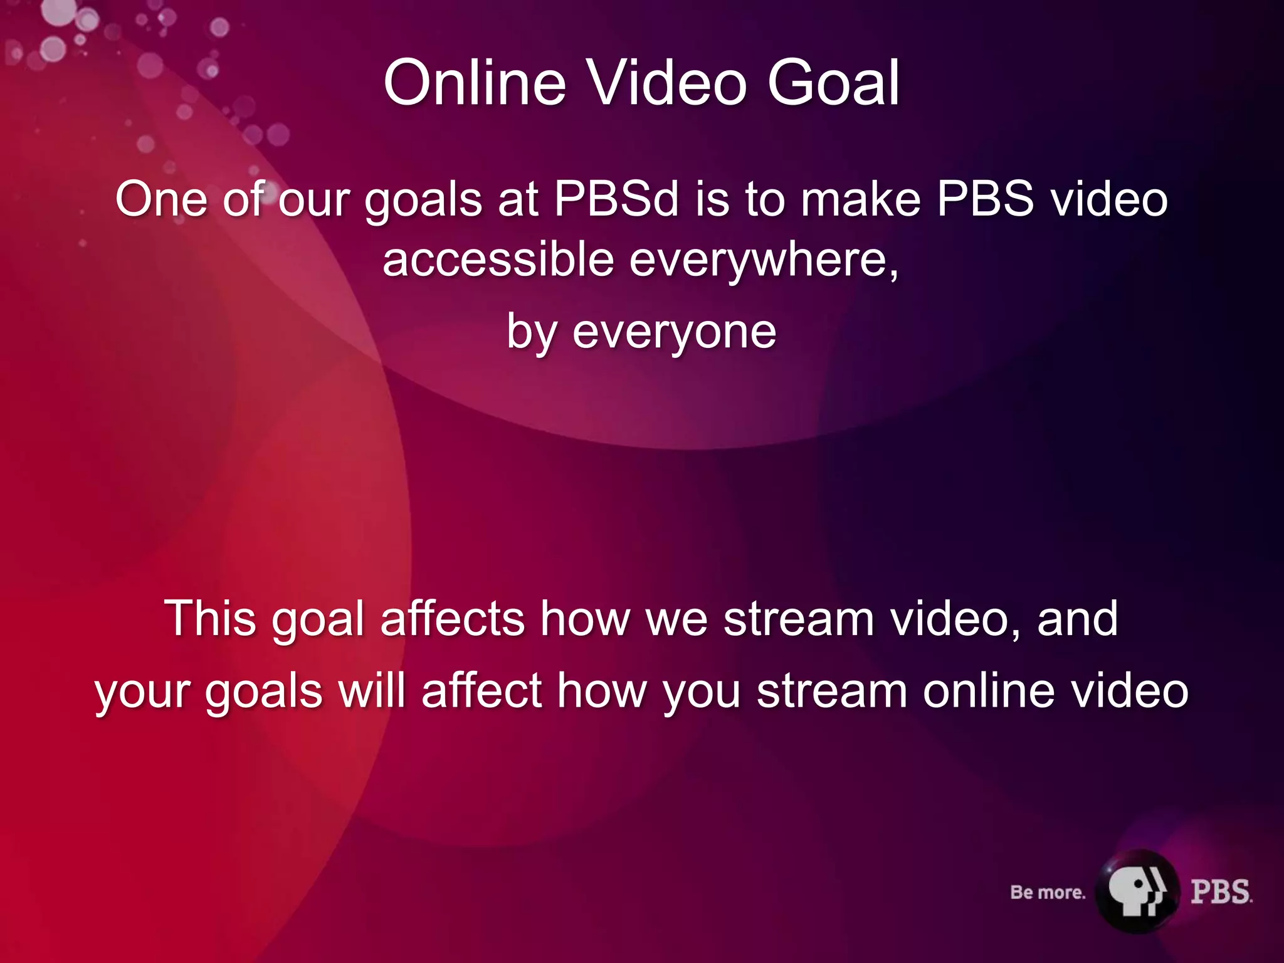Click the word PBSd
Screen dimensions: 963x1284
point(616,199)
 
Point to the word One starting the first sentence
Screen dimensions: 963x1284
point(161,199)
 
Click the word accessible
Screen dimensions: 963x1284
point(498,260)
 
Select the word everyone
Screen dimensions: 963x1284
point(674,332)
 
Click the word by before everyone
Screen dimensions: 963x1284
point(532,332)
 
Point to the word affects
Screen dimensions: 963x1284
point(453,619)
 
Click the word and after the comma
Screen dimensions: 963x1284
point(1077,619)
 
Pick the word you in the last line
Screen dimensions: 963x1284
point(702,692)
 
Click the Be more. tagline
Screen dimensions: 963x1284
point(1048,892)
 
